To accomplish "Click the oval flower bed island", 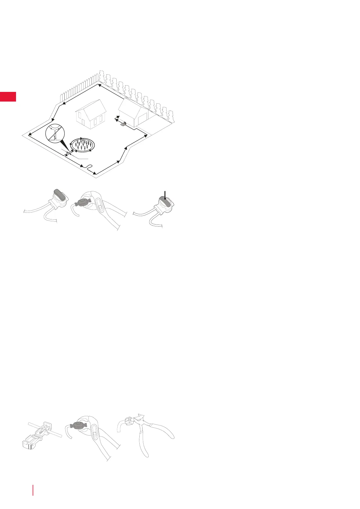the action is pos(82,145).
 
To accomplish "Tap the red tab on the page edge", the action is pos(8,97).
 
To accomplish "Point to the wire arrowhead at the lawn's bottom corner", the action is pos(95,173).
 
